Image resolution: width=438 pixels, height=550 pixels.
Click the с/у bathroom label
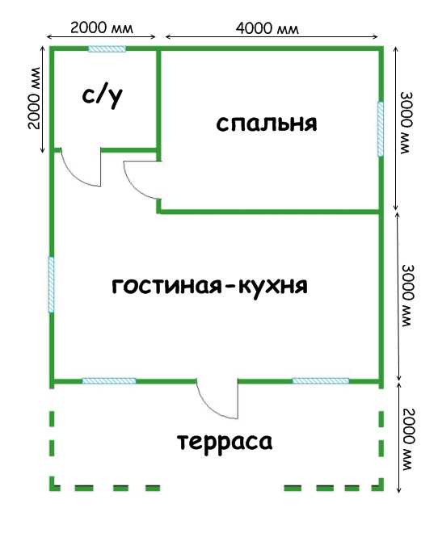(x=102, y=97)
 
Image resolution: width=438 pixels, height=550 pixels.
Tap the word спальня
(x=267, y=124)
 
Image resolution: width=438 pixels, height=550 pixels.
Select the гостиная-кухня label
(x=209, y=286)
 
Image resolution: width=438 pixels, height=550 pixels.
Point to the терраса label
(x=225, y=442)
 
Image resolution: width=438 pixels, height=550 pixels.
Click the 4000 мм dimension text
(x=267, y=28)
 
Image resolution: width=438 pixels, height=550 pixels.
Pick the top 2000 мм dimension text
(x=102, y=27)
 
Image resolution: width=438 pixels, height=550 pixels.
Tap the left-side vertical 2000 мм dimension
(x=35, y=98)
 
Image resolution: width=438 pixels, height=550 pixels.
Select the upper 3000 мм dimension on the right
(x=406, y=123)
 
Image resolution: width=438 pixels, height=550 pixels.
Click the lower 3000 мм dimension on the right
(x=407, y=296)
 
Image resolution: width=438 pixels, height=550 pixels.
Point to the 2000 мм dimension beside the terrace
(x=409, y=439)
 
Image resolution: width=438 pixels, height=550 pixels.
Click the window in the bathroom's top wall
(x=107, y=48)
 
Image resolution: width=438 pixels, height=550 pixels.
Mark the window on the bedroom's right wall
(x=381, y=128)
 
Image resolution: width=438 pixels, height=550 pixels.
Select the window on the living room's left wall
(x=51, y=284)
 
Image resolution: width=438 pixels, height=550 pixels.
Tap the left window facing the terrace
(x=109, y=381)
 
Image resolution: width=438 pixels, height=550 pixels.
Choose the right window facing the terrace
(x=321, y=381)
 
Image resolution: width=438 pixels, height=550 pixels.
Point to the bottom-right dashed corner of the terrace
(x=381, y=487)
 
